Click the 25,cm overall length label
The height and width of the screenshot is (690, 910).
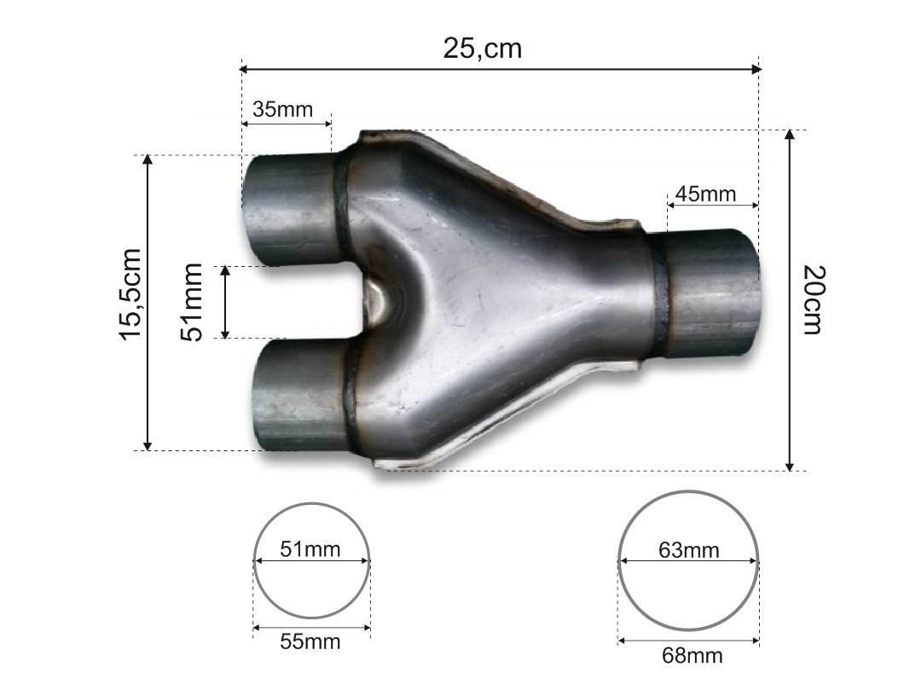pyautogui.click(x=482, y=48)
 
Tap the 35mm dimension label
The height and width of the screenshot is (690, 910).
pyautogui.click(x=282, y=109)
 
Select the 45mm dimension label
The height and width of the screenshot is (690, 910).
pyautogui.click(x=704, y=194)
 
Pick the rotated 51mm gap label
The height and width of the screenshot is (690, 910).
pyautogui.click(x=194, y=302)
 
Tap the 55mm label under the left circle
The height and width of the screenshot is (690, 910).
pyautogui.click(x=310, y=641)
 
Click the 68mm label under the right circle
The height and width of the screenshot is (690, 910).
pyautogui.click(x=692, y=655)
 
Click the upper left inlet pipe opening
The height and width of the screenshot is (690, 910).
pyautogui.click(x=256, y=209)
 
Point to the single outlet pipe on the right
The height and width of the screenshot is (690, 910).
pyautogui.click(x=712, y=294)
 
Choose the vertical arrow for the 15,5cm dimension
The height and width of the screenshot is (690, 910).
pyautogui.click(x=148, y=303)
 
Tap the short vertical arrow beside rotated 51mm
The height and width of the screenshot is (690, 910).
pyautogui.click(x=225, y=302)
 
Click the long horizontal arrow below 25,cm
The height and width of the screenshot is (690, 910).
pyautogui.click(x=501, y=68)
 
